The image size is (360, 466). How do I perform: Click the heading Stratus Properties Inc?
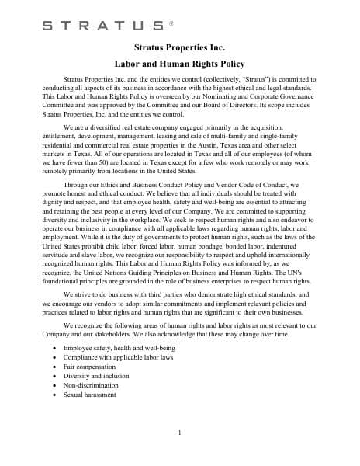tap(179, 49)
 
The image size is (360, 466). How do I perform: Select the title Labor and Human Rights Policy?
tap(179, 65)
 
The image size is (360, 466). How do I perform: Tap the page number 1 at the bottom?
tap(179, 433)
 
